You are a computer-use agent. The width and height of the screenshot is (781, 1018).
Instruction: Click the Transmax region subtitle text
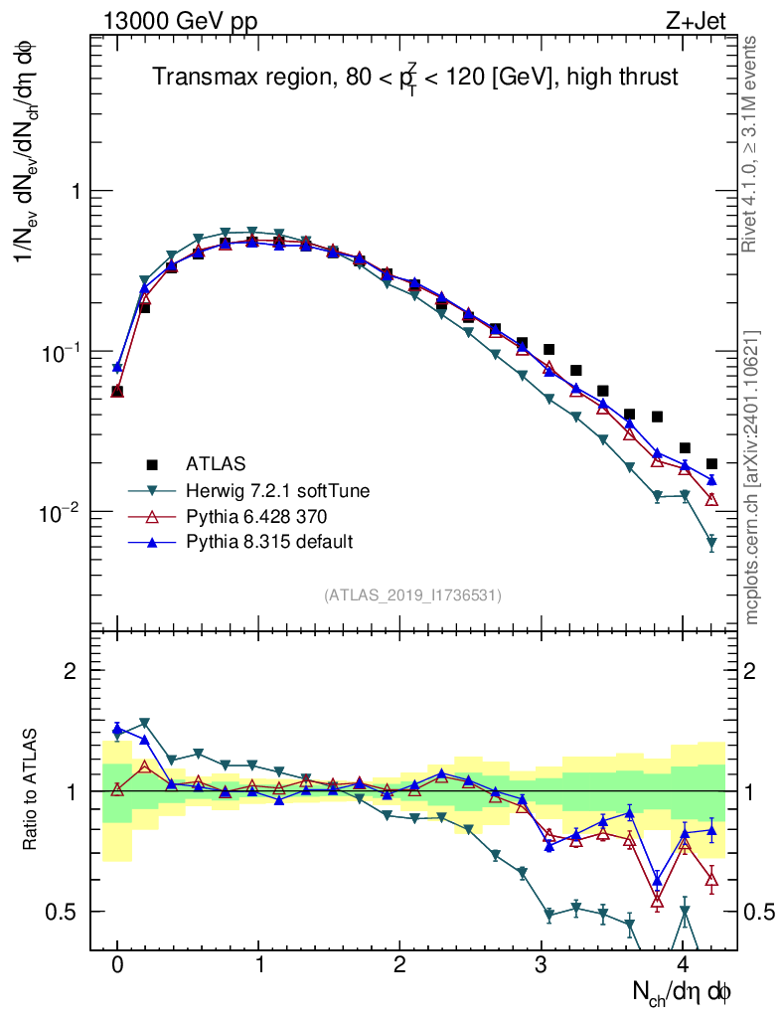415,78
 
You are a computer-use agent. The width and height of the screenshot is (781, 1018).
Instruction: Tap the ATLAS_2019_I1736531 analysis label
412,595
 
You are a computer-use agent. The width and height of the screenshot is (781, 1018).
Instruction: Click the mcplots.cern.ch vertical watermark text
752,477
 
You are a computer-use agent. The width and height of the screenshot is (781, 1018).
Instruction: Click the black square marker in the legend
152,464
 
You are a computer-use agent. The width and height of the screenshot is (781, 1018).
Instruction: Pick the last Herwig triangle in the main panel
711,543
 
